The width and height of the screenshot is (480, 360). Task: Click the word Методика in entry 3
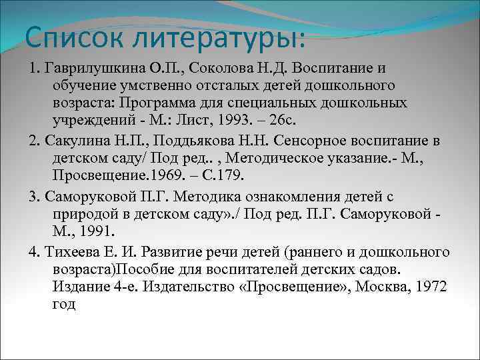click(199, 197)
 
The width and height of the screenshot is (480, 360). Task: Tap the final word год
click(64, 305)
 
